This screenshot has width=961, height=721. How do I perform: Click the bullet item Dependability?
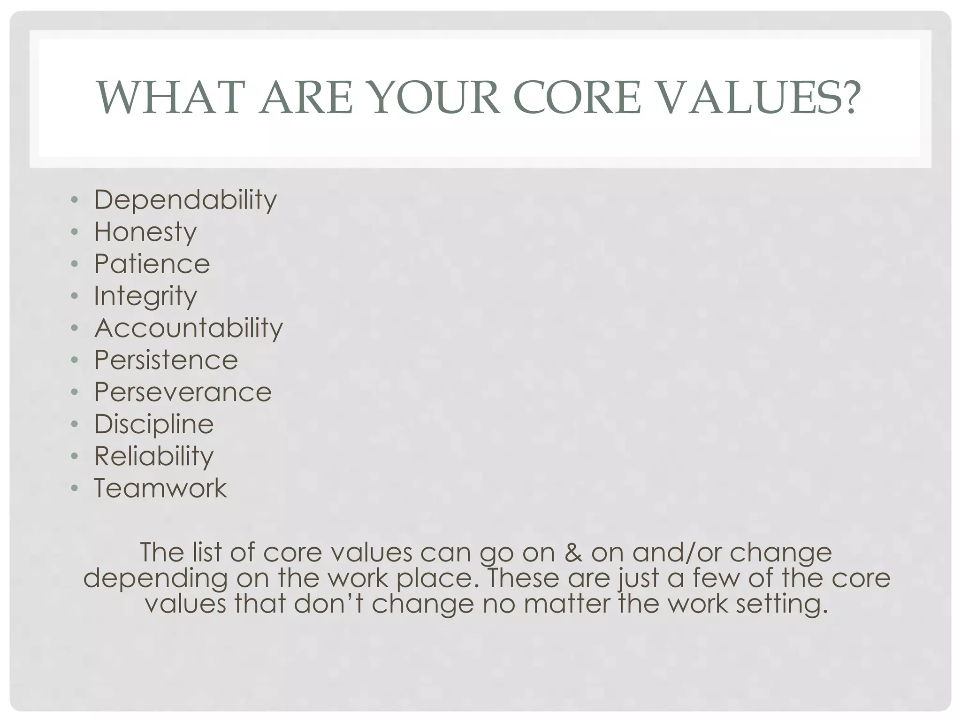click(185, 200)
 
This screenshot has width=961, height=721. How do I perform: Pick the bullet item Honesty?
click(145, 232)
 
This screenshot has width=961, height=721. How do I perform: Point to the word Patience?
click(152, 264)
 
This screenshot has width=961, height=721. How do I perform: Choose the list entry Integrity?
click(145, 297)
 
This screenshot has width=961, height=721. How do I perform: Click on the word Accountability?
click(189, 328)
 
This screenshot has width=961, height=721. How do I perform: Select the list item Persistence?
click(166, 360)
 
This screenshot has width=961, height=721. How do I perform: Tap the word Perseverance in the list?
click(183, 392)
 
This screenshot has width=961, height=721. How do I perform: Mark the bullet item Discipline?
click(154, 424)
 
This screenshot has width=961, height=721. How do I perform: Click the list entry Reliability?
click(154, 456)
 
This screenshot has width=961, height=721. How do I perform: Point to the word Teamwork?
click(160, 488)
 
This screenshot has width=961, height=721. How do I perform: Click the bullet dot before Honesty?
click(74, 232)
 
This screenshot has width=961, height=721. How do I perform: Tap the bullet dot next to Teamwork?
click(74, 488)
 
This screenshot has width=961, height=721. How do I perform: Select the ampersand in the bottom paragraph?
click(573, 552)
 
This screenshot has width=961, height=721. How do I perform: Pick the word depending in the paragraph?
click(155, 578)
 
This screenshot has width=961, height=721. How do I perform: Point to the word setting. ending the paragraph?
click(782, 604)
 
